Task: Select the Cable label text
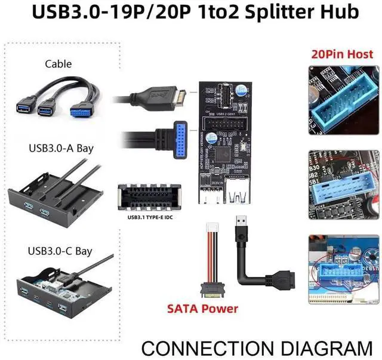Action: point(58,64)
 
